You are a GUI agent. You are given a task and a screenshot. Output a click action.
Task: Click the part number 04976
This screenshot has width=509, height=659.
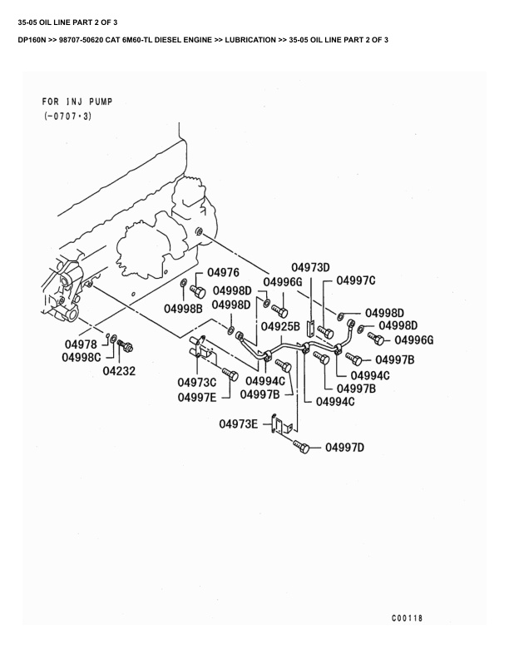click(223, 273)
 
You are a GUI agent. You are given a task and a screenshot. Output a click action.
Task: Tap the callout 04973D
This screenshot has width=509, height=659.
click(311, 267)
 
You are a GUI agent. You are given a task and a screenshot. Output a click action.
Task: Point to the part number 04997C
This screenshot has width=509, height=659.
click(356, 280)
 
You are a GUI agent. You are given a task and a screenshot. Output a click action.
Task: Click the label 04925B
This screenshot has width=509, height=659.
click(280, 326)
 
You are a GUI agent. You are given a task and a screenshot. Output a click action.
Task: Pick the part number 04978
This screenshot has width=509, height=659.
click(81, 344)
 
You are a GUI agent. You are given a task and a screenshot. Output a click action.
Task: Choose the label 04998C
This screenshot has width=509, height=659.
click(81, 358)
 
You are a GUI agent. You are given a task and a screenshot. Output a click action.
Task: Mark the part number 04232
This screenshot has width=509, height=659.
click(120, 371)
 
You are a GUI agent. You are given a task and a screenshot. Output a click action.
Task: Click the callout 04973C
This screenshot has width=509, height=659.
click(196, 383)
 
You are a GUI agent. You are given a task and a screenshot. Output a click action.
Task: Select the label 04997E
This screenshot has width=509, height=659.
click(197, 397)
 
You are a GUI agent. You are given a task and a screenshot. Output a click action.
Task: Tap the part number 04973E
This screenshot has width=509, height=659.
click(239, 424)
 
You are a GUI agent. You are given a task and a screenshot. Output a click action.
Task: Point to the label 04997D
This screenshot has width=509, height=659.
click(345, 448)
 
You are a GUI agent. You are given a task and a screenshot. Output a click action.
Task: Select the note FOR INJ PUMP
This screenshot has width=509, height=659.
click(77, 102)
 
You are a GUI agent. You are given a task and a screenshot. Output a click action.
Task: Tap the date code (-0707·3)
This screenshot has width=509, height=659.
click(68, 116)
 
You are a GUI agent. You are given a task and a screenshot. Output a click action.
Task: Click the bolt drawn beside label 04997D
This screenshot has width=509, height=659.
click(301, 447)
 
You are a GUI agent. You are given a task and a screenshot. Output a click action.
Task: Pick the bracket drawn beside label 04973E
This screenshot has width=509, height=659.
click(280, 426)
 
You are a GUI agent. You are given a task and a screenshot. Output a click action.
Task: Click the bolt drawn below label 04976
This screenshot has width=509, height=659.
click(199, 290)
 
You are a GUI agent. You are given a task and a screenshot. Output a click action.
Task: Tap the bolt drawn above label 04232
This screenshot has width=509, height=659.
click(126, 344)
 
